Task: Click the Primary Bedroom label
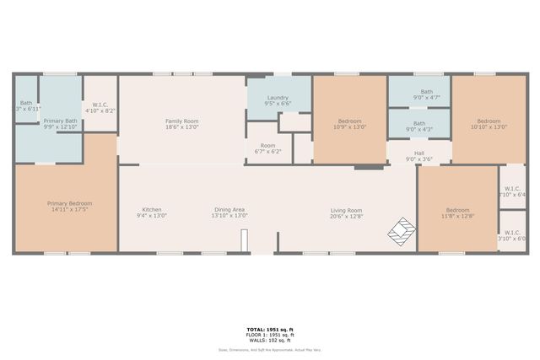[69, 203]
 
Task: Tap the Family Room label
[181, 121]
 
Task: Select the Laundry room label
[278, 99]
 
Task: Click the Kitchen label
[152, 210]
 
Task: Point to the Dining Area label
[229, 210]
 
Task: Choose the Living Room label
[346, 210]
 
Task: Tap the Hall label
[419, 153]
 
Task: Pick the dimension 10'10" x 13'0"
[489, 127]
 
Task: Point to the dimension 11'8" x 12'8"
[457, 216]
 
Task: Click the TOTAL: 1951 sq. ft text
[270, 329]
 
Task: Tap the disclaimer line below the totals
[270, 348]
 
